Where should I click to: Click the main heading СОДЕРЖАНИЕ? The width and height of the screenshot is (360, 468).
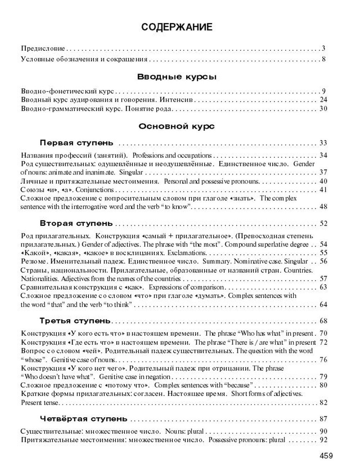point(177,27)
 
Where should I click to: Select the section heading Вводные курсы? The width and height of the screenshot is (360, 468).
point(177,77)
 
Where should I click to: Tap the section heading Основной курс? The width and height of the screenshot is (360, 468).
point(177,126)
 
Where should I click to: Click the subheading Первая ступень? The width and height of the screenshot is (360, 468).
point(76,143)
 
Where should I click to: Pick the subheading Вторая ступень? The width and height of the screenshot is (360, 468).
point(76,224)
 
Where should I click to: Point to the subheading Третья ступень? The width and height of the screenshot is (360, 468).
point(75,321)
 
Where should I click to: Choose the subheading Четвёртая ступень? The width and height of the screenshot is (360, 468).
point(84,419)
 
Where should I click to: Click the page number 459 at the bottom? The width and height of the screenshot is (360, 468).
point(326,456)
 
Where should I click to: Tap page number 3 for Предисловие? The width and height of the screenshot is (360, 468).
point(324,49)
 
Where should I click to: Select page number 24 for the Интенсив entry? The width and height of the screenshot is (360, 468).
point(323,100)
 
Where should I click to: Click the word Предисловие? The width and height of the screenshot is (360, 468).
point(43,49)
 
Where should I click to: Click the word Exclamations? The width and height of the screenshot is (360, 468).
point(187,253)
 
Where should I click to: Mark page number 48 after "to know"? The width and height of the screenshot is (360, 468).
point(323,207)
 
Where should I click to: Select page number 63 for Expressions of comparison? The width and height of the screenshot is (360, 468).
point(323,287)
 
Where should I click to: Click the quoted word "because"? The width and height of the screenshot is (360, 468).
point(237,385)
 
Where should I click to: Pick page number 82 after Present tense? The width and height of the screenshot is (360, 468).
point(323,402)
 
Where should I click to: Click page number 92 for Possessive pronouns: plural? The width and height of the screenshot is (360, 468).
point(323,440)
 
